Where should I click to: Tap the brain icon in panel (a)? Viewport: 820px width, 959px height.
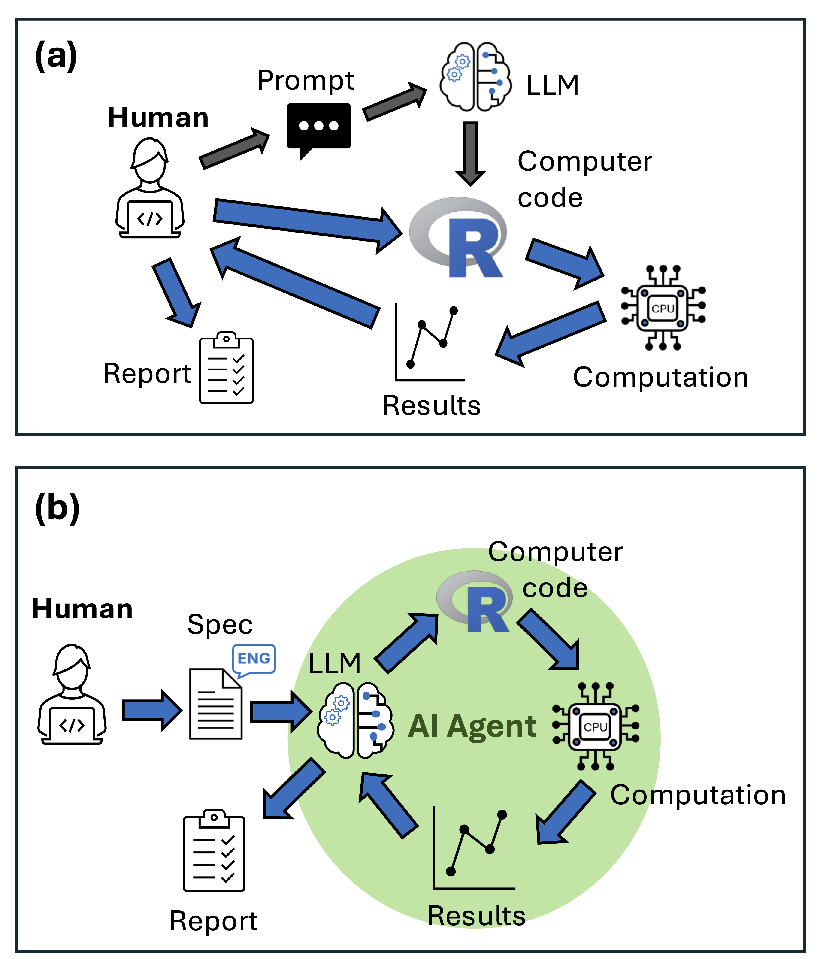tap(475, 77)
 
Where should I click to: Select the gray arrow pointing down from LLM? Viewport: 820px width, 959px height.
tap(470, 153)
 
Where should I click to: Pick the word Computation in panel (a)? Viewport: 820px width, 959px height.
tap(660, 377)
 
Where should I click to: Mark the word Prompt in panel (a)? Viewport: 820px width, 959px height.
tap(306, 81)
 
